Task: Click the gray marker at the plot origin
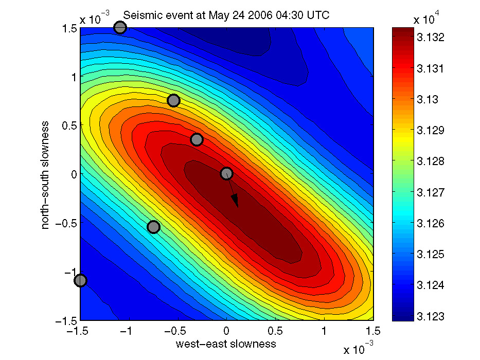pyautogui.click(x=227, y=174)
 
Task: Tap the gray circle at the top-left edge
pyautogui.click(x=120, y=27)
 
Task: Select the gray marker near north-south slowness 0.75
pyautogui.click(x=173, y=100)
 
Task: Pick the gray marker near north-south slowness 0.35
pyautogui.click(x=197, y=139)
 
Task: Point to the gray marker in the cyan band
pyautogui.click(x=153, y=227)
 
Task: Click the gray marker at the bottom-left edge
pyautogui.click(x=80, y=280)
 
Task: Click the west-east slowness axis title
pyautogui.click(x=226, y=344)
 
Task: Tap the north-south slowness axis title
pyautogui.click(x=46, y=174)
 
